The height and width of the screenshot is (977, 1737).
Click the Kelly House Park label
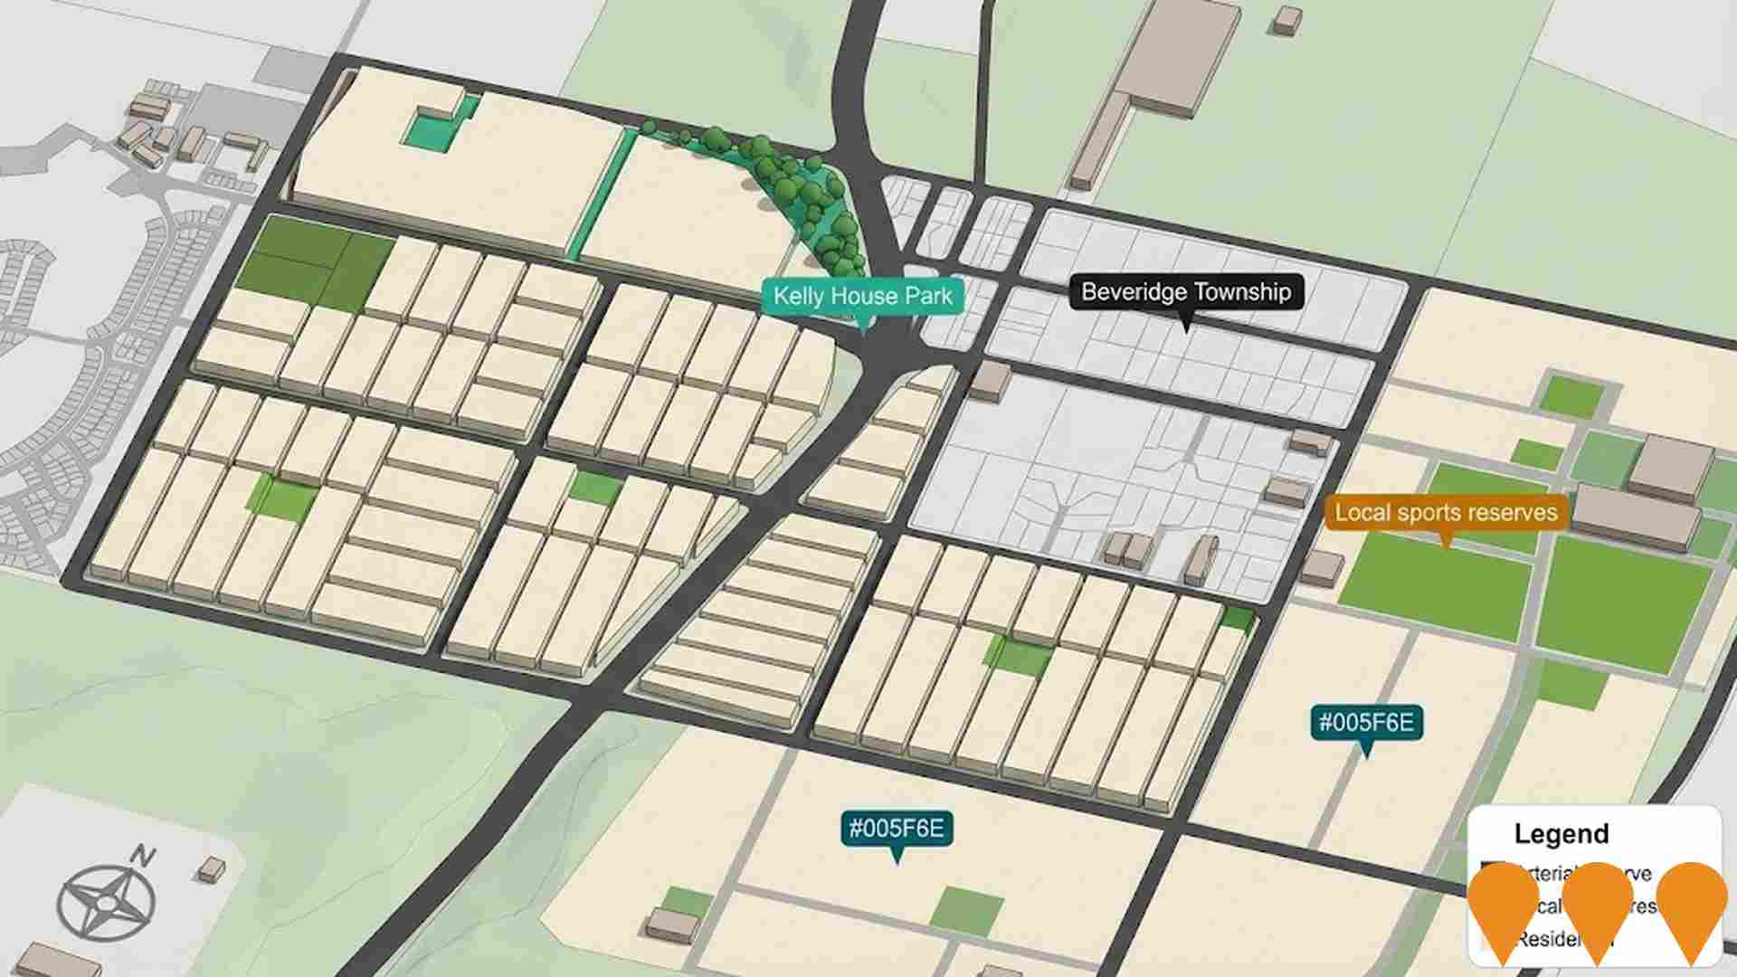[x=863, y=296]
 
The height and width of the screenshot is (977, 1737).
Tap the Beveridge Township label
[x=1186, y=292]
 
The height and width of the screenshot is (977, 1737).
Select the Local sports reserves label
[x=1446, y=512]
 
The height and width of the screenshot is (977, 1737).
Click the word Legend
[x=1561, y=833]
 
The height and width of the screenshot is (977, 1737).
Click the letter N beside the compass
[x=142, y=855]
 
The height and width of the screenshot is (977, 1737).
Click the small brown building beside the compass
[x=211, y=869]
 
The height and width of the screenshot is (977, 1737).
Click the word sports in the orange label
[x=1446, y=512]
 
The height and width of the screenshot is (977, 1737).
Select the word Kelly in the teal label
[x=798, y=296]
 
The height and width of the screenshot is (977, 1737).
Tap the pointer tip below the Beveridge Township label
[x=1186, y=327]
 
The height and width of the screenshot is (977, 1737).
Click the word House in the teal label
[x=863, y=296]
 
